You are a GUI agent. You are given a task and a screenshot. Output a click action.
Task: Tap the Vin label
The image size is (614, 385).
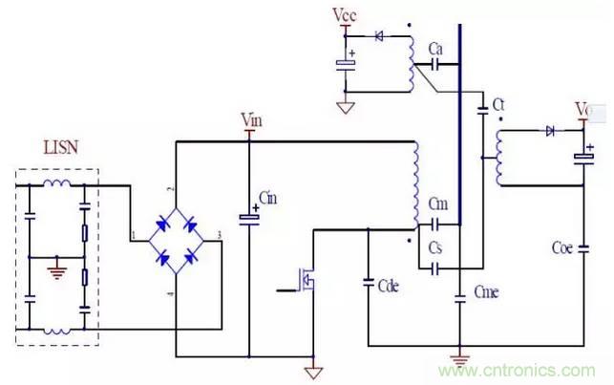pos(251,120)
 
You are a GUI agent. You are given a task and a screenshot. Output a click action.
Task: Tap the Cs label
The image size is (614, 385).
pos(436,248)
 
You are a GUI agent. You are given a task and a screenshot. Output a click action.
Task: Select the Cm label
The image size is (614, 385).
pos(438,204)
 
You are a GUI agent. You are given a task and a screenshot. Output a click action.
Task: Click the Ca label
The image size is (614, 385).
pos(435,48)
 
